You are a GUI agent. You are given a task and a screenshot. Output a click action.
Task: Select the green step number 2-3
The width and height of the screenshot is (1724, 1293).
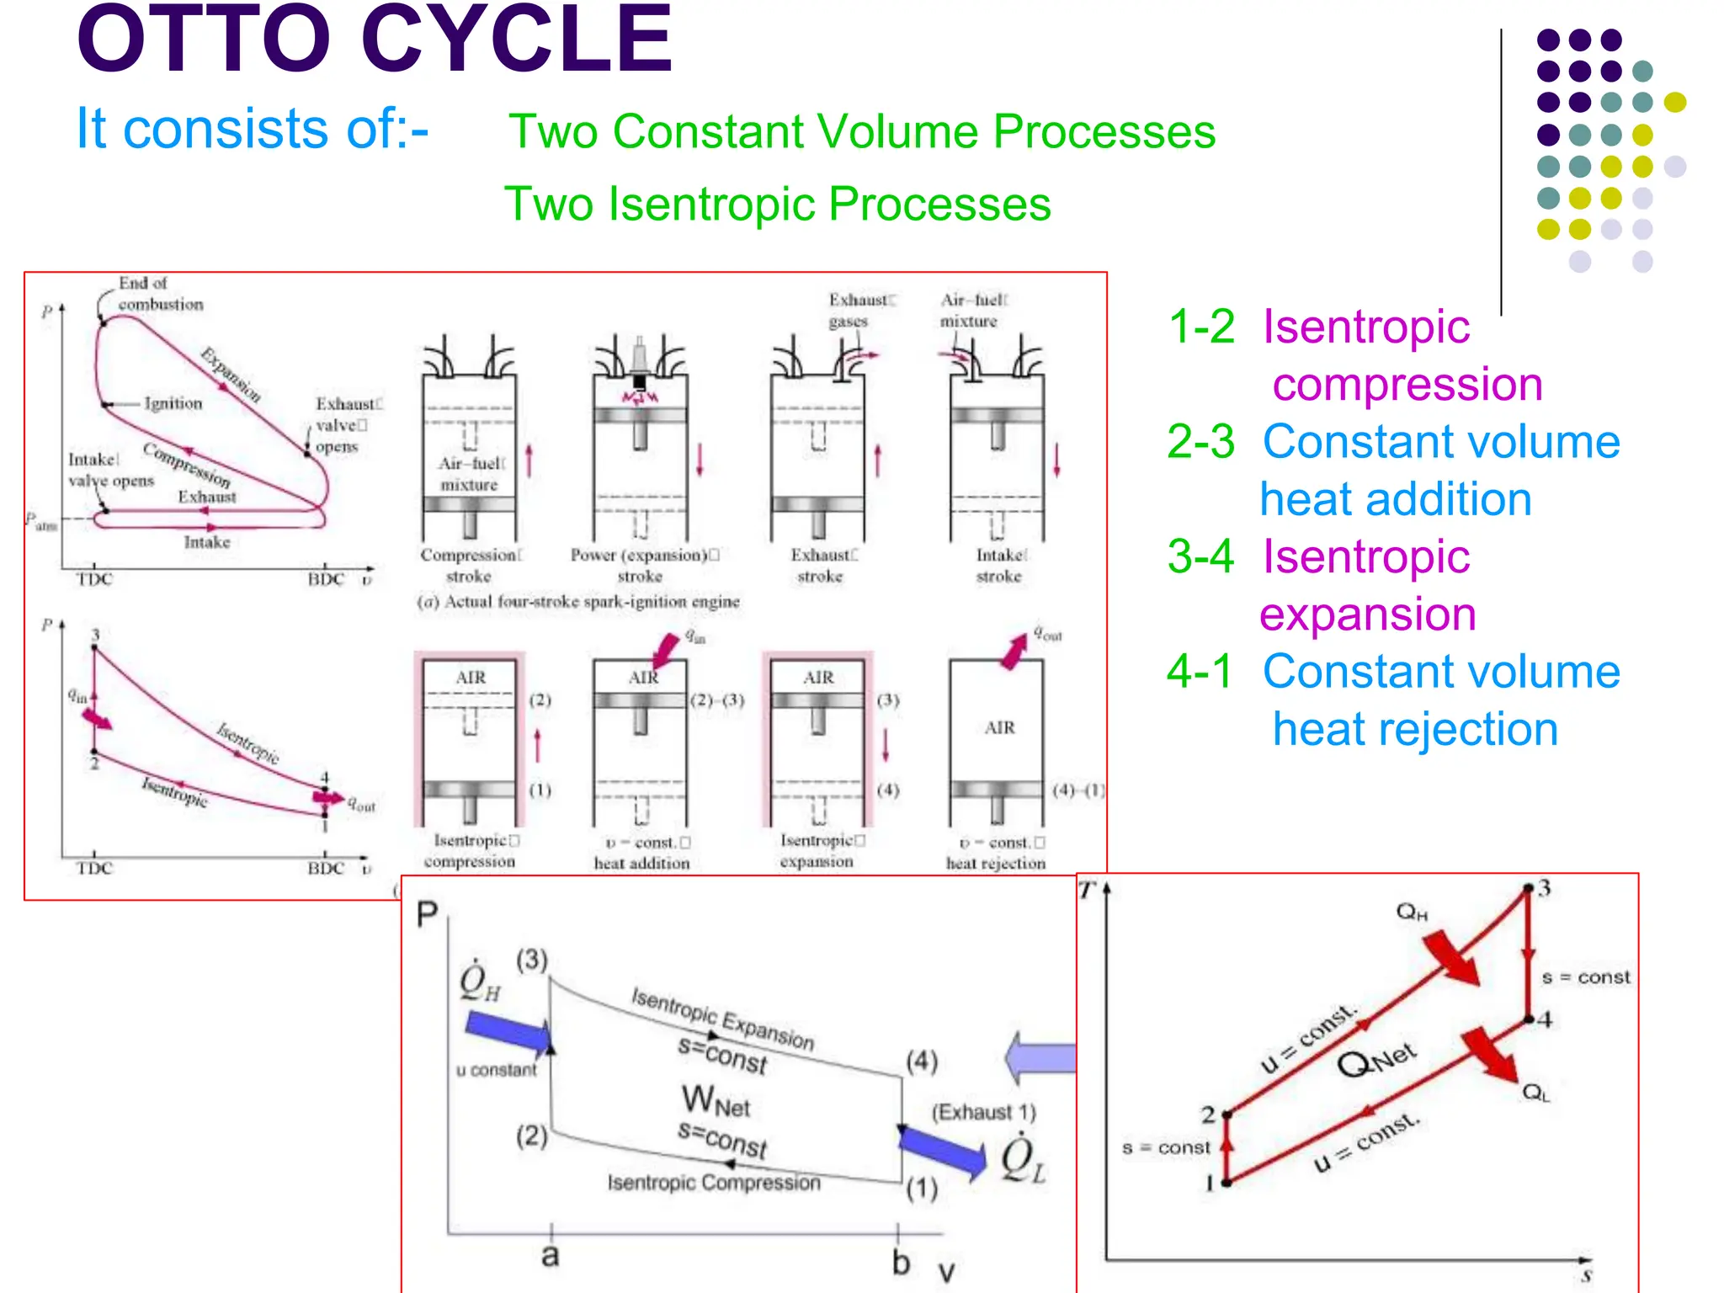(x=1201, y=442)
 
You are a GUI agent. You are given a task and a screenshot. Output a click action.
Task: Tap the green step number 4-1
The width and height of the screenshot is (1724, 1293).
(x=1200, y=672)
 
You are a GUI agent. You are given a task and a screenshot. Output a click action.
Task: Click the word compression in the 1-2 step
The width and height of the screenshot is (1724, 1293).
(x=1407, y=385)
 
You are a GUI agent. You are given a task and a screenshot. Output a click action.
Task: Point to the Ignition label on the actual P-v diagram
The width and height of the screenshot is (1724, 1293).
(x=173, y=404)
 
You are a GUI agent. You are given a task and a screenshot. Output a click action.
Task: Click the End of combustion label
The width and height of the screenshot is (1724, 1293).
(x=160, y=294)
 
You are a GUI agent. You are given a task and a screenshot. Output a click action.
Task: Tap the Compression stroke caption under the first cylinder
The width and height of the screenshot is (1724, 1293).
(x=470, y=566)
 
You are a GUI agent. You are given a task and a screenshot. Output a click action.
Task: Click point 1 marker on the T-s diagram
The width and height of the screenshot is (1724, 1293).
(x=1226, y=1183)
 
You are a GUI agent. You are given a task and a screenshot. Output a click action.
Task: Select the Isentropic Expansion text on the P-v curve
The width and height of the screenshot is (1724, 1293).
(x=722, y=1019)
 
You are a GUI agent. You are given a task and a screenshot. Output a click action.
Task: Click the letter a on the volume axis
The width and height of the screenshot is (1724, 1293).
(x=550, y=1256)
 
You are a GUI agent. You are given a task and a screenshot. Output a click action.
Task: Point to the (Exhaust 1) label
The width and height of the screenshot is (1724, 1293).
(x=983, y=1112)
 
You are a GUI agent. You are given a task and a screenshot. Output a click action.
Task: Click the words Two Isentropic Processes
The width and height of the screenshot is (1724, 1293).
(x=777, y=205)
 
